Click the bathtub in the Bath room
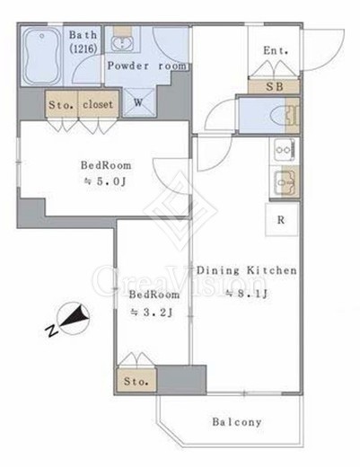pyautogui.click(x=41, y=56)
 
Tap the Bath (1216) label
pyautogui.click(x=83, y=41)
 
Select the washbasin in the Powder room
pyautogui.click(x=122, y=43)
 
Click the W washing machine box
pyautogui.click(x=138, y=102)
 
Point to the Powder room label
pyautogui.click(x=146, y=66)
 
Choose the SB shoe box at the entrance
pyautogui.click(x=274, y=87)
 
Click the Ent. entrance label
pyautogui.click(x=276, y=50)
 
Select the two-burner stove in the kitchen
pyautogui.click(x=285, y=151)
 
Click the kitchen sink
pyautogui.click(x=285, y=181)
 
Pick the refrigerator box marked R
pyautogui.click(x=282, y=219)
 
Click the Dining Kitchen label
pyautogui.click(x=246, y=270)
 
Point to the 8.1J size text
pyautogui.click(x=246, y=294)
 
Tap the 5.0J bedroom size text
pyautogui.click(x=106, y=181)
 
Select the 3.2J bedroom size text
pyautogui.click(x=152, y=313)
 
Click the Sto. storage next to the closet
pyautogui.click(x=62, y=104)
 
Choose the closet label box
pyautogui.click(x=98, y=104)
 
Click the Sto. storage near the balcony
pyautogui.click(x=136, y=381)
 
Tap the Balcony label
pyautogui.click(x=237, y=422)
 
